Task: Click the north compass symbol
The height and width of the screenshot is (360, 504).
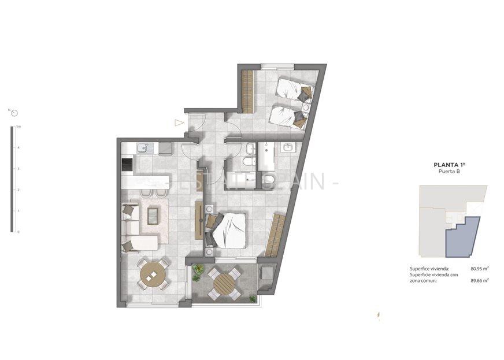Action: [x=14, y=112]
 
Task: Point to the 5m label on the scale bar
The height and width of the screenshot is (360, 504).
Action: [x=18, y=126]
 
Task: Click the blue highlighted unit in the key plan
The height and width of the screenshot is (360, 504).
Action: [x=462, y=237]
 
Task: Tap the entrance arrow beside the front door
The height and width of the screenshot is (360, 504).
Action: [x=179, y=123]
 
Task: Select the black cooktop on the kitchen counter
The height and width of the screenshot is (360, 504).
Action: [x=127, y=165]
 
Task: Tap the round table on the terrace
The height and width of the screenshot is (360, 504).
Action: [x=223, y=283]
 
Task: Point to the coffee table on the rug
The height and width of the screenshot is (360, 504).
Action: [x=154, y=216]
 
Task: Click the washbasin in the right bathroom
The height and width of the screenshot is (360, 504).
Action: [x=287, y=148]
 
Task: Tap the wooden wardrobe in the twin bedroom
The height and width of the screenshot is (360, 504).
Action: [x=247, y=91]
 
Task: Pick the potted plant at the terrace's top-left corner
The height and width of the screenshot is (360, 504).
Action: [x=198, y=269]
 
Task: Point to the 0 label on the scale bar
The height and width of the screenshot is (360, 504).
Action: [x=18, y=232]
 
